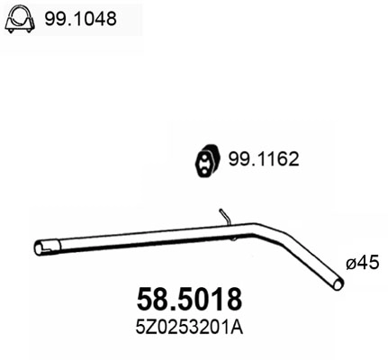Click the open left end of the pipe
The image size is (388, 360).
coord(39,247)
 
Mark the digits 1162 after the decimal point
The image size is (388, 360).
coord(278,159)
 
